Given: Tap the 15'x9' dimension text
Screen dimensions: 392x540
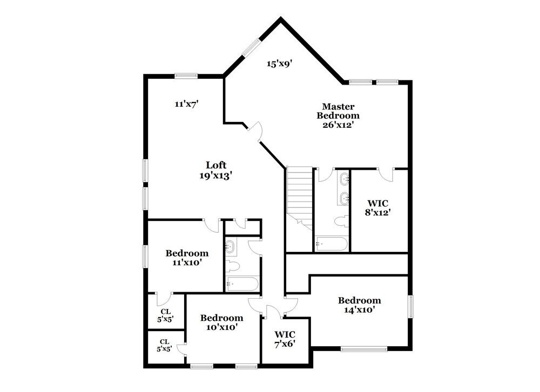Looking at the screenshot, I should point(279,64).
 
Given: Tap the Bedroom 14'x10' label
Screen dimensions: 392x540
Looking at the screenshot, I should point(359,305).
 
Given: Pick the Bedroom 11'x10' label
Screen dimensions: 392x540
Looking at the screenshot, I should point(187,258).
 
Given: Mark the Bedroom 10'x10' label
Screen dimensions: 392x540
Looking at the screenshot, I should point(221,322).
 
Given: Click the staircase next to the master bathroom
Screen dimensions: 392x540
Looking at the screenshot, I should point(299,197).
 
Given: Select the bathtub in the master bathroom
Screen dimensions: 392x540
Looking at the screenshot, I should point(331,244).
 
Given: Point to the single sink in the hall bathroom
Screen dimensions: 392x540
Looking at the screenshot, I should point(231,247).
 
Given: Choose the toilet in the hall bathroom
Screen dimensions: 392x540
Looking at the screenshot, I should point(232,266).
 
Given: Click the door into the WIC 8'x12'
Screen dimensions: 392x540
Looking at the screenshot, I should point(386,174).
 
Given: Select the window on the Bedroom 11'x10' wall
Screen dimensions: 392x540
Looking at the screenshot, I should point(144,256).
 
